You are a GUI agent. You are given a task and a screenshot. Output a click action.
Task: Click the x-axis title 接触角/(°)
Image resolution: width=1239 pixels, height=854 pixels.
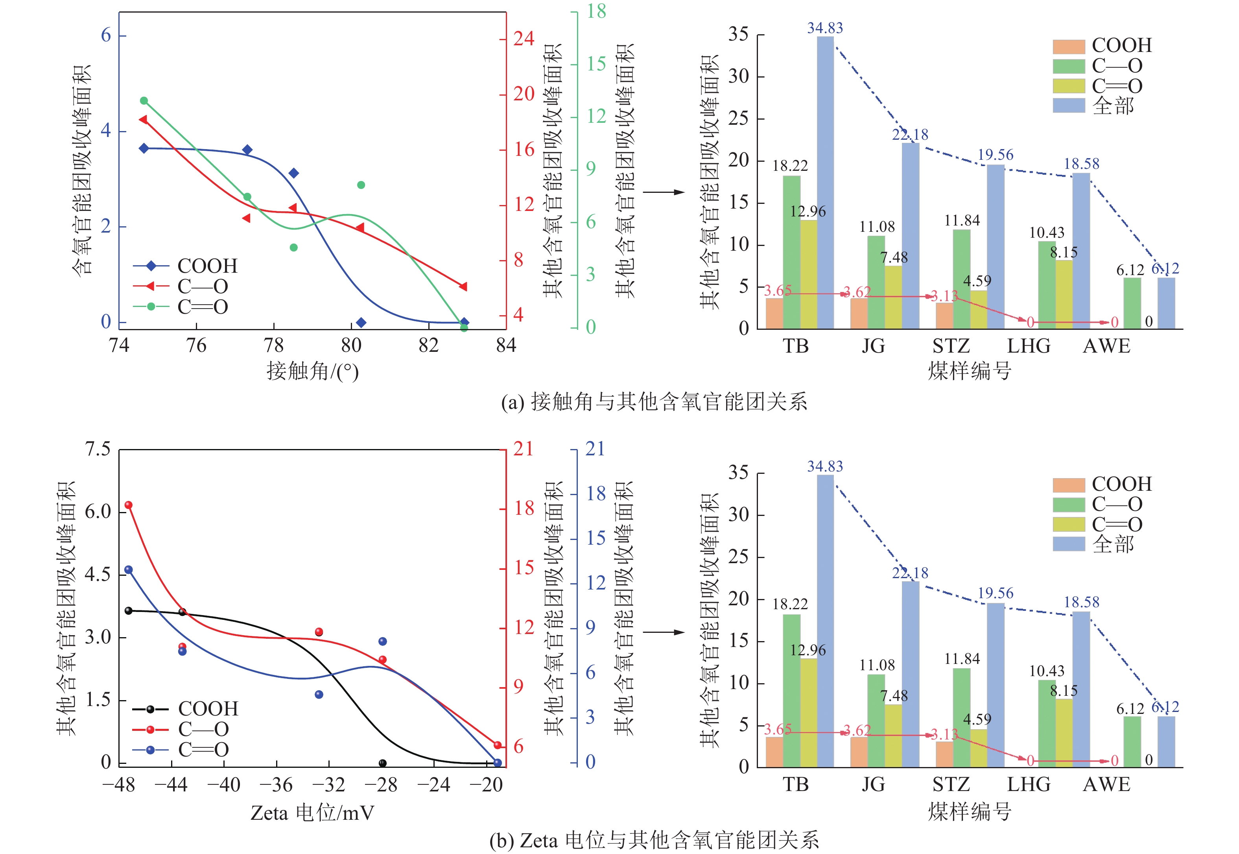point(312,371)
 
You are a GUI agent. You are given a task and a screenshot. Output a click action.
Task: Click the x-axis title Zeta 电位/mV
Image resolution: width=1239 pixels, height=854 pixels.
point(312,813)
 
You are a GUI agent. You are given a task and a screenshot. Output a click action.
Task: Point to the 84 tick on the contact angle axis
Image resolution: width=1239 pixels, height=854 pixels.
point(505,346)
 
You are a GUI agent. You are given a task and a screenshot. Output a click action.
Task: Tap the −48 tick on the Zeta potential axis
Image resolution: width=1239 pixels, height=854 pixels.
point(119,785)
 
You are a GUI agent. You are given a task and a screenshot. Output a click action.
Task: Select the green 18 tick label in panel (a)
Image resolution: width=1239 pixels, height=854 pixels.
point(596,11)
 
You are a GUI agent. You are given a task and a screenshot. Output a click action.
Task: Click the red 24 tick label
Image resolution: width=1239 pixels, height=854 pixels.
point(524,39)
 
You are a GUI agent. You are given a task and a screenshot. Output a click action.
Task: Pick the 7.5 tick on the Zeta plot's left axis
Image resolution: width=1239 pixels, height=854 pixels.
point(98,449)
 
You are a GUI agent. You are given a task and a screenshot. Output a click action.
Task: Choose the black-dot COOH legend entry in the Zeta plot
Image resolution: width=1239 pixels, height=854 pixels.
point(185,709)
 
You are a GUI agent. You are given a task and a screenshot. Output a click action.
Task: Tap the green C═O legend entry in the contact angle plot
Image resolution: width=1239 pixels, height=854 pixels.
point(180,307)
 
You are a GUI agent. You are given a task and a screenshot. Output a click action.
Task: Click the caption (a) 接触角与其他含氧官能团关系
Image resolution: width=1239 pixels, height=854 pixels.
point(653,402)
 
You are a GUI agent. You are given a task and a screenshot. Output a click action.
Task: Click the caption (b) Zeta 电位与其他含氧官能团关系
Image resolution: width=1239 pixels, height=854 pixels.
point(653,841)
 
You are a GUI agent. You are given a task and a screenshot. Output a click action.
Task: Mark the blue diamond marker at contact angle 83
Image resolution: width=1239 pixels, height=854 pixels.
point(464,322)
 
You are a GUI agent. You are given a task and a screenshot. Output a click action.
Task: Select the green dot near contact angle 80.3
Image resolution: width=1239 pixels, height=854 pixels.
point(361,185)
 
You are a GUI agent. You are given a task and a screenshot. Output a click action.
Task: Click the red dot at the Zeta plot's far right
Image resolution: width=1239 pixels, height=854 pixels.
point(497,745)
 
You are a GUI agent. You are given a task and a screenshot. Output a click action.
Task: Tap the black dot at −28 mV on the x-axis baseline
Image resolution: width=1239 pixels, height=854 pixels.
point(382,763)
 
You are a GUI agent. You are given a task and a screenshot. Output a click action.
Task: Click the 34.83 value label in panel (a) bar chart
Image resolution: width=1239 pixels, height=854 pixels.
point(824,28)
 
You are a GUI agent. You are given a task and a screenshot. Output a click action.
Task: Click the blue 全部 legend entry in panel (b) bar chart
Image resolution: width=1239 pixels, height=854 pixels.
point(1093,544)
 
